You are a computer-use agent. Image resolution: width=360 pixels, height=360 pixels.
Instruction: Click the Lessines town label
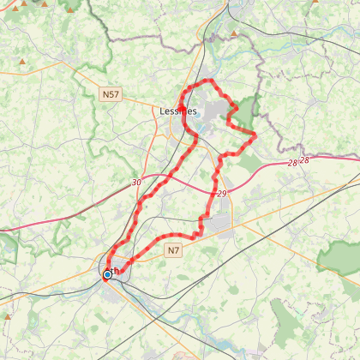(x=178, y=111)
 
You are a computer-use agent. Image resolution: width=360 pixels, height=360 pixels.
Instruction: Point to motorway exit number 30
(x=136, y=183)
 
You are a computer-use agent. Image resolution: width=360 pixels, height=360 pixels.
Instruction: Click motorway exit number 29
(x=223, y=194)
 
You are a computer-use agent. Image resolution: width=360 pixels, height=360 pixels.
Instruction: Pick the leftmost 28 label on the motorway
(x=292, y=162)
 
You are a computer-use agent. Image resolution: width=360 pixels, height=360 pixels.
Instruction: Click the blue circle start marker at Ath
(x=108, y=274)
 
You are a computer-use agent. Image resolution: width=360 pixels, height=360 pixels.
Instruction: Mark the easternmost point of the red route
(x=255, y=135)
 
